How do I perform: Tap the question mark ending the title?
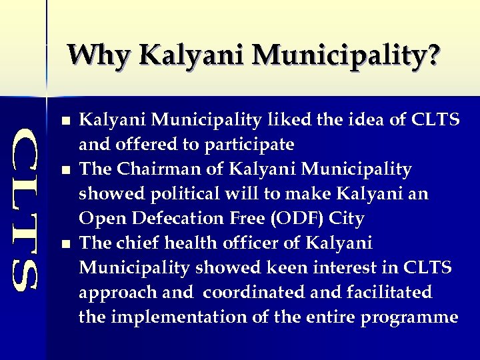433,55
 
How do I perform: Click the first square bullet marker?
64,122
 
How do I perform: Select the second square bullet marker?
64,171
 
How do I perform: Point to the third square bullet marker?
64,245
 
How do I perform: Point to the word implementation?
194,317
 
